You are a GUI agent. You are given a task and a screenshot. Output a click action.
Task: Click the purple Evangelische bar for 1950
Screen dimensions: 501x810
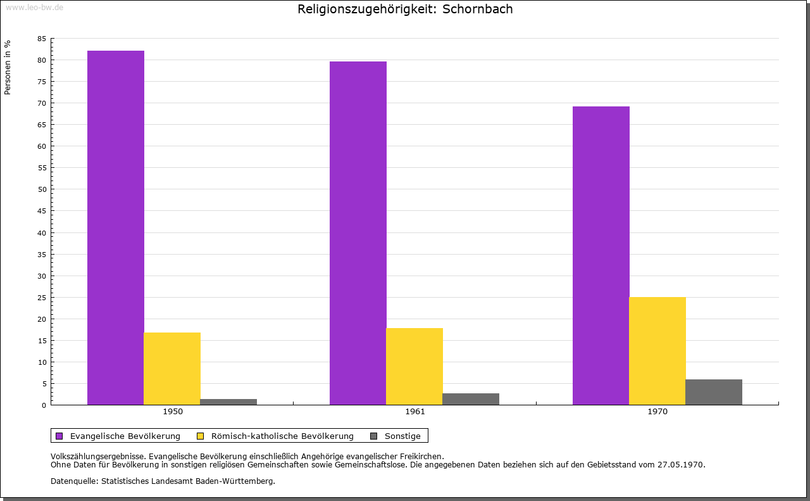[116, 227]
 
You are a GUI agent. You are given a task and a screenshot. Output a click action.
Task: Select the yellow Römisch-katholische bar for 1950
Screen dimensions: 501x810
[172, 369]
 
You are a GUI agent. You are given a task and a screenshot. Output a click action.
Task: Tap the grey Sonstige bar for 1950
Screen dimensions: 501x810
[228, 402]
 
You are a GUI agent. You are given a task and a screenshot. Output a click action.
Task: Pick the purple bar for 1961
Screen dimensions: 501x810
[358, 233]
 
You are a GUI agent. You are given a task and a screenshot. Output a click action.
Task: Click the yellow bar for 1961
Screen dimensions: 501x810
[414, 366]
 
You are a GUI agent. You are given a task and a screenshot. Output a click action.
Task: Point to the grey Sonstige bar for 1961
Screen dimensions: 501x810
[471, 399]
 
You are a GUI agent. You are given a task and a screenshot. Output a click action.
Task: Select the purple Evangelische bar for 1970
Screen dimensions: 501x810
[601, 255]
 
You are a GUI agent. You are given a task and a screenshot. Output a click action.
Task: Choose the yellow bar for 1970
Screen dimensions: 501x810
[657, 351]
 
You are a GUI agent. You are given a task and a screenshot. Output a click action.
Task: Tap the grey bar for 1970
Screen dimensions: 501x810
[714, 392]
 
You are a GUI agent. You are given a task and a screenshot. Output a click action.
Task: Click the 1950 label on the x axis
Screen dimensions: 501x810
[173, 412]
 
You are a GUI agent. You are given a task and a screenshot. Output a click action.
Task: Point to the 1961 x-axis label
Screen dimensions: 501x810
[415, 412]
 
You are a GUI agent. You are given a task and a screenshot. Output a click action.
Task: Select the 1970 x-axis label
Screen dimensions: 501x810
[657, 412]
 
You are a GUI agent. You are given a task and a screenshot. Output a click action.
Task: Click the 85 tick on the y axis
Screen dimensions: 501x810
[42, 39]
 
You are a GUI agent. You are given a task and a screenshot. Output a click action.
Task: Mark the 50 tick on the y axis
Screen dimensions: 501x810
[42, 189]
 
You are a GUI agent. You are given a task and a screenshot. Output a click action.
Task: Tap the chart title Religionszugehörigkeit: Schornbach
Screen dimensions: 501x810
[405, 9]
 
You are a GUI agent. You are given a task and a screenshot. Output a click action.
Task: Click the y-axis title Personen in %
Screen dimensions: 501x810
[8, 67]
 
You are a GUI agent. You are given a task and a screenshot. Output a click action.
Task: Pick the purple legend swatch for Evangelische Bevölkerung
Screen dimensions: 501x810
[59, 436]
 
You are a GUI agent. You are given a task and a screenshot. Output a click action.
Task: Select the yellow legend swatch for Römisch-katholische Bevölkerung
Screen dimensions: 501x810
[201, 436]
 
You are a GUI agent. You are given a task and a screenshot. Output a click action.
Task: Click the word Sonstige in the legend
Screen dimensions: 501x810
[402, 436]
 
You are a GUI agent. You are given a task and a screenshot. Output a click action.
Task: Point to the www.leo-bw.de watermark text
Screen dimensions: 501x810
[34, 6]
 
